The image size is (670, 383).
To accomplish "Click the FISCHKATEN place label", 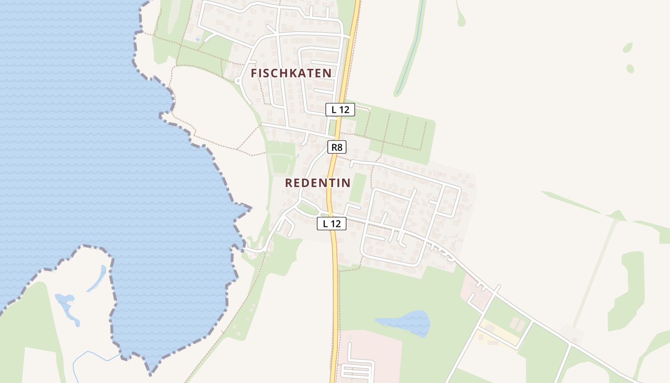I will click(x=291, y=73).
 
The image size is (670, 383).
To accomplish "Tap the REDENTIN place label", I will click(x=318, y=183).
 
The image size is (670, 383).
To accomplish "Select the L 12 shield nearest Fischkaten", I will click(x=340, y=109).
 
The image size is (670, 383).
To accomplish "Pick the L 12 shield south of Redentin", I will click(x=332, y=223).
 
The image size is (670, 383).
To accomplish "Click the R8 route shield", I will click(x=337, y=147).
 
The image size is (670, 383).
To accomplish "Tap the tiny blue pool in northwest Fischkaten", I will click(x=198, y=39).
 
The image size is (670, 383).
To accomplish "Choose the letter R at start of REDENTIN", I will click(x=289, y=183).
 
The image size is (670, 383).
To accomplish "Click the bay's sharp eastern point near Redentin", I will click(x=250, y=208).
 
